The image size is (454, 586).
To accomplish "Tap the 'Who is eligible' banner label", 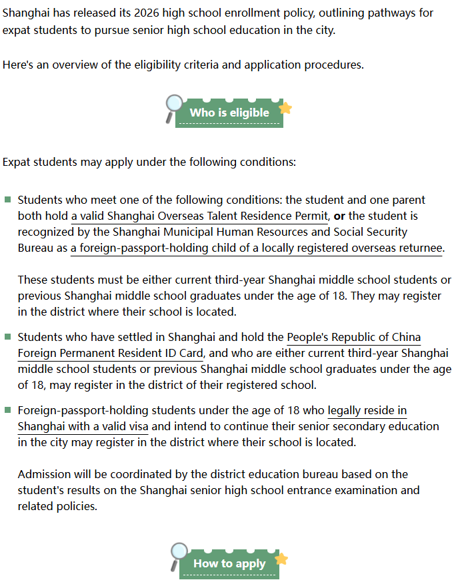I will tap(229, 113).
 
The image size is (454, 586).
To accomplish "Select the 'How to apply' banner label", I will tap(229, 563).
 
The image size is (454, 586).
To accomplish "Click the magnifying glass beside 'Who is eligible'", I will tap(173, 106).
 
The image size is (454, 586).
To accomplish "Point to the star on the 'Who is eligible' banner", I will tap(285, 108).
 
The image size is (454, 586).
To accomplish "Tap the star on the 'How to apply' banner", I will tap(281, 559).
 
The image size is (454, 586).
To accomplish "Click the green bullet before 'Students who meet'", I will tap(8, 200).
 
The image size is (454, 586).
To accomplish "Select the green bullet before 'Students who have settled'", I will tap(8, 337).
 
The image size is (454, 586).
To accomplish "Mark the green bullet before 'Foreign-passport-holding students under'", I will tap(8, 410).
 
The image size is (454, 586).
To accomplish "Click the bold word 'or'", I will tap(339, 216).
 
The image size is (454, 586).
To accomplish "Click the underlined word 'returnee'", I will tap(421, 248).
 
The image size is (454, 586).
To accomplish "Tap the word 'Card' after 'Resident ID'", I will tap(190, 353).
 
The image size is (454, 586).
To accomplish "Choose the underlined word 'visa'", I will tap(138, 426).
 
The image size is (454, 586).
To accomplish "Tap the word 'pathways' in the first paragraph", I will tap(391, 13).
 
